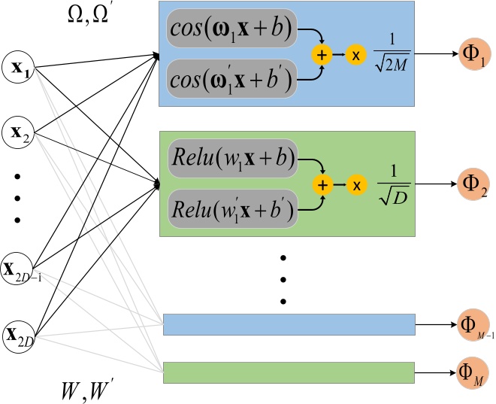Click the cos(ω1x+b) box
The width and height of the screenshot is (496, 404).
tap(233, 31)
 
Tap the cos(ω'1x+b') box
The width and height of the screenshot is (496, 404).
tap(233, 78)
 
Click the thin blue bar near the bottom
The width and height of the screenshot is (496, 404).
tap(289, 324)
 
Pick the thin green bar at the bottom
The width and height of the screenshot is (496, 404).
tap(289, 372)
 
